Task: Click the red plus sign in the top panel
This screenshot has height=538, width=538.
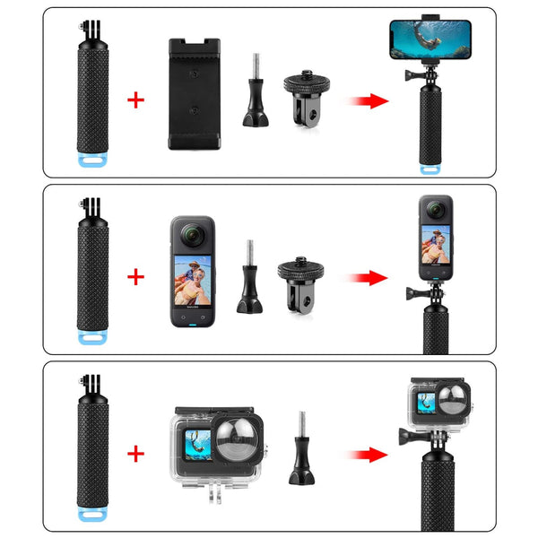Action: point(135,99)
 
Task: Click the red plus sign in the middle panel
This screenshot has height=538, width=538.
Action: point(135,276)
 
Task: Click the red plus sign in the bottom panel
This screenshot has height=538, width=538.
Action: point(135,454)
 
